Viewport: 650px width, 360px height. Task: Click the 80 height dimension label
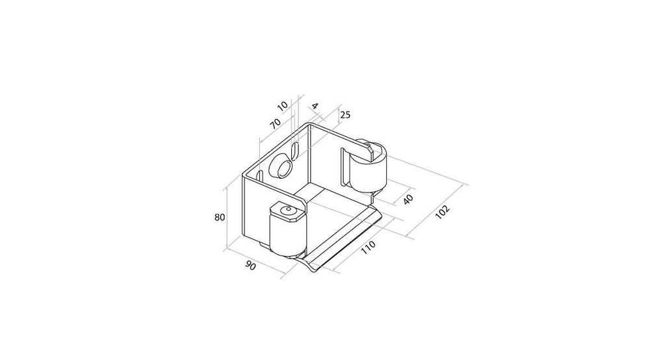[220, 217]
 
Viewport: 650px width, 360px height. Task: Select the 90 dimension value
[250, 266]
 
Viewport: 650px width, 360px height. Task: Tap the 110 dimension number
[368, 247]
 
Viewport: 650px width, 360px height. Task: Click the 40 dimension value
[408, 199]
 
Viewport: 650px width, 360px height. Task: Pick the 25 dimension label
[345, 114]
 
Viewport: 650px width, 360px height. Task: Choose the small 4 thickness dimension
[315, 106]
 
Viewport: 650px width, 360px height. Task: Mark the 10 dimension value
[282, 106]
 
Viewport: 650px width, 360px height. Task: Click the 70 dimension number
[275, 123]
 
